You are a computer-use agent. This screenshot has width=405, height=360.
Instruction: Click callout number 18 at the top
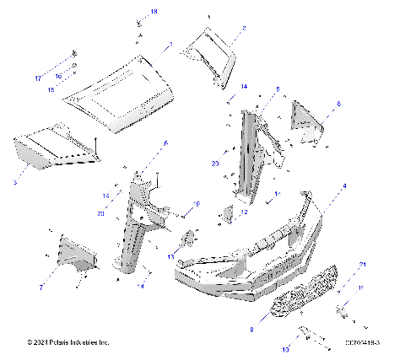pyautogui.click(x=154, y=11)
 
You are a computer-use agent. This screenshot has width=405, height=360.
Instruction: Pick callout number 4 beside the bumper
pyautogui.click(x=343, y=185)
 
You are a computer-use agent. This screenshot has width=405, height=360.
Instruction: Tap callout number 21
pyautogui.click(x=363, y=266)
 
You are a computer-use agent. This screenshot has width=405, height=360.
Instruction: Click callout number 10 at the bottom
pyautogui.click(x=285, y=347)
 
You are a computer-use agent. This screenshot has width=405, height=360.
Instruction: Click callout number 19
pyautogui.click(x=196, y=204)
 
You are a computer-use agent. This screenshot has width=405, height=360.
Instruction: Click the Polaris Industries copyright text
pyautogui.click(x=67, y=342)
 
